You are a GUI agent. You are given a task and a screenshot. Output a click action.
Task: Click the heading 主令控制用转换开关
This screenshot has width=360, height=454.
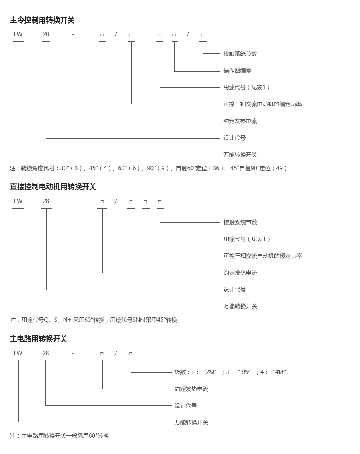click(x=42, y=20)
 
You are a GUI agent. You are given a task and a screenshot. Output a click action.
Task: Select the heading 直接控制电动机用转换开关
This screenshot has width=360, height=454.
click(x=53, y=187)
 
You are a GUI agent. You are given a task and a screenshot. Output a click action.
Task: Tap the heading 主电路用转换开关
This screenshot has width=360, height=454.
click(x=38, y=339)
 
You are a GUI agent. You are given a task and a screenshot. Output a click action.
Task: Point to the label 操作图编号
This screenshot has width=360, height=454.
click(x=237, y=70)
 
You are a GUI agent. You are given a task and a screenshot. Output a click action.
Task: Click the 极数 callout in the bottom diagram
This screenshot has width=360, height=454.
click(x=230, y=372)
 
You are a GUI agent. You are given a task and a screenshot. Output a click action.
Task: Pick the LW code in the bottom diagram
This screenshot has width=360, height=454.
click(x=18, y=353)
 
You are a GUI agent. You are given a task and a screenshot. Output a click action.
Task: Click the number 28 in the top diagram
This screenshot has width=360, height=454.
click(x=46, y=34)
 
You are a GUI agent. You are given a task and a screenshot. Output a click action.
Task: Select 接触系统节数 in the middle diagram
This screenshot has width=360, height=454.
click(x=240, y=222)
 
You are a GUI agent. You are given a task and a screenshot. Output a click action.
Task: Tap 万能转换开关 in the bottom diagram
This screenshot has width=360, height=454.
click(x=191, y=422)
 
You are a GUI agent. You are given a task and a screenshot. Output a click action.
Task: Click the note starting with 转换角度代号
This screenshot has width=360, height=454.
click(x=148, y=168)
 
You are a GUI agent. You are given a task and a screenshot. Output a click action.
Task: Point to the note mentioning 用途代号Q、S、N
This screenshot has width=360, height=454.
click(x=94, y=320)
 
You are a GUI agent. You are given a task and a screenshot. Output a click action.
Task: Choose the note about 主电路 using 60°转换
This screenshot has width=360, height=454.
click(x=60, y=436)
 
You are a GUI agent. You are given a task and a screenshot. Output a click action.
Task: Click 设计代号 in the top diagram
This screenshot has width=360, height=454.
click(x=234, y=138)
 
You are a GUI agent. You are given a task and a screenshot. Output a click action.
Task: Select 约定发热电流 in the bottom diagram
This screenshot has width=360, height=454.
click(x=191, y=389)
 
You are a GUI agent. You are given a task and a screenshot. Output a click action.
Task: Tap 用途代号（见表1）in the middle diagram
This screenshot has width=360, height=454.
click(x=247, y=239)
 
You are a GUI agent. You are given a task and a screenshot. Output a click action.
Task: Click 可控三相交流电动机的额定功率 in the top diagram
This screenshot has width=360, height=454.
click(x=262, y=104)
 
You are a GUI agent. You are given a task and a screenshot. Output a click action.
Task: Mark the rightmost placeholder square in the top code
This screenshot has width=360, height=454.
click(x=203, y=35)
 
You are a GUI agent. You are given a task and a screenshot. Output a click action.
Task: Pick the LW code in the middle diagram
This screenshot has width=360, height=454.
click(x=18, y=201)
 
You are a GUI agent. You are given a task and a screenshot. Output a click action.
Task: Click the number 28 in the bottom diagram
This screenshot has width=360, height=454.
click(x=46, y=353)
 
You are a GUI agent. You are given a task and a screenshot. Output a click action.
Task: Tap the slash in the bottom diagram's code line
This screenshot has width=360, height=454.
click(x=116, y=353)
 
